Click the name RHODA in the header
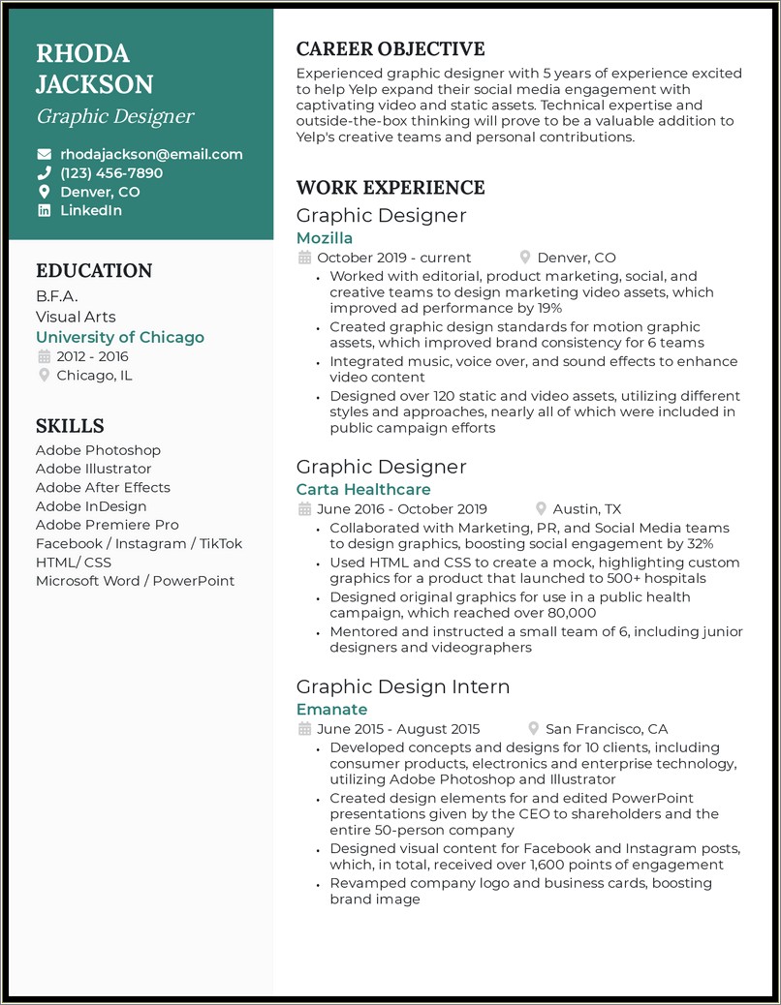click(x=82, y=53)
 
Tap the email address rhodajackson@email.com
click(x=151, y=154)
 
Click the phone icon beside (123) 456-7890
click(x=44, y=173)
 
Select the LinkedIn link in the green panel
click(x=91, y=210)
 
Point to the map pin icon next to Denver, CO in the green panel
click(x=44, y=192)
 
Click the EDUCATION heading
click(x=94, y=271)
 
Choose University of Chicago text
click(x=120, y=337)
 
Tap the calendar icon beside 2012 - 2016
click(x=44, y=356)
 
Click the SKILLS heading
click(x=70, y=426)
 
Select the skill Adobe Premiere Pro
click(x=108, y=525)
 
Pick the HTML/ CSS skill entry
click(x=74, y=563)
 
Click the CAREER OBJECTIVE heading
click(x=390, y=49)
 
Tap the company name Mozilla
click(x=325, y=238)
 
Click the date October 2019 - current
click(x=393, y=258)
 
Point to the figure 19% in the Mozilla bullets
click(x=548, y=308)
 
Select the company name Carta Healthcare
click(x=363, y=490)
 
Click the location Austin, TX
click(x=587, y=509)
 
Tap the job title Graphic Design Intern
click(x=403, y=686)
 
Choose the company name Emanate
click(x=331, y=710)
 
